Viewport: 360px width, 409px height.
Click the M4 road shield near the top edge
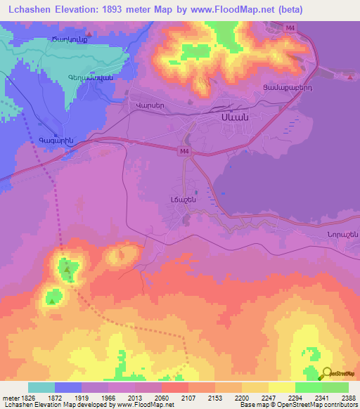(x=290, y=27)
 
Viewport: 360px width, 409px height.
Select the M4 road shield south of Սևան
(x=184, y=150)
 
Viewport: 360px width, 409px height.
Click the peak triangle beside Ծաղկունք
(x=88, y=33)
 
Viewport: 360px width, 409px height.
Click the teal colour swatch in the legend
(x=41, y=387)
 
